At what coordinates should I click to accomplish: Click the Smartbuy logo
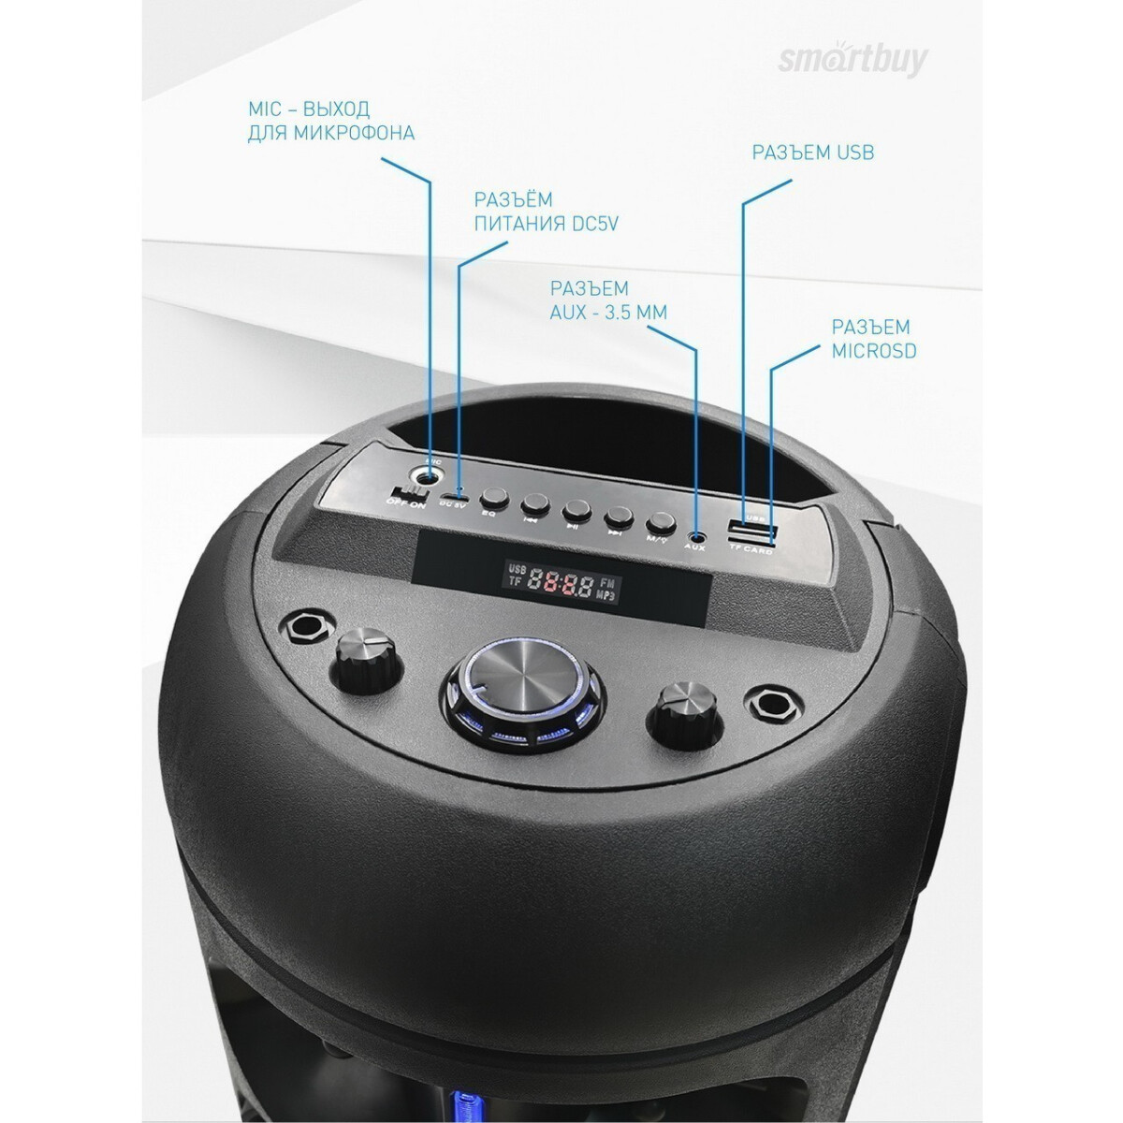(x=853, y=59)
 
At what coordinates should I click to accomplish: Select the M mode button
(x=661, y=522)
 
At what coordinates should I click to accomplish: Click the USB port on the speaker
(x=749, y=532)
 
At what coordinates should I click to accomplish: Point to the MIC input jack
(x=430, y=476)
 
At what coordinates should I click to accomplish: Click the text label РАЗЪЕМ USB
(x=812, y=153)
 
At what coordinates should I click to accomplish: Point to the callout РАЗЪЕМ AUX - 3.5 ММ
(x=608, y=299)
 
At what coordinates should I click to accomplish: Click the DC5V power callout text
(x=547, y=211)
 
